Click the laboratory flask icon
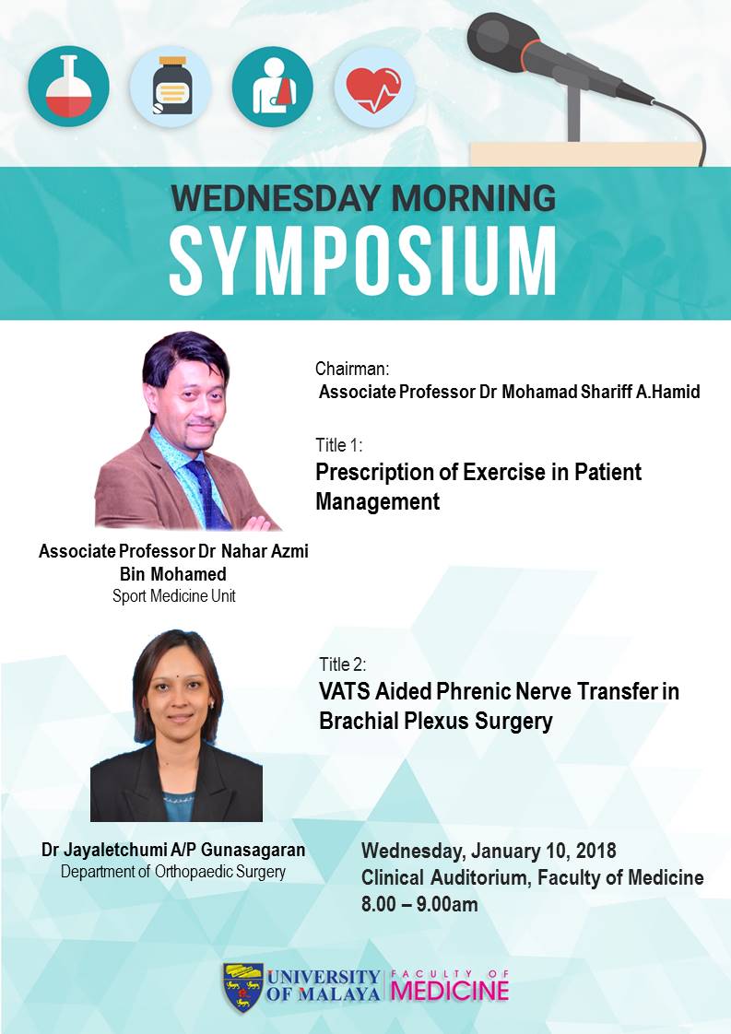(68, 87)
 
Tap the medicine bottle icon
(171, 87)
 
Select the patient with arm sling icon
(273, 87)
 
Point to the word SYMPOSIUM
(363, 263)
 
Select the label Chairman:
(351, 368)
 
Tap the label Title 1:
(338, 445)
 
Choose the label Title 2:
(342, 664)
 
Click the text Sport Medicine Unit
(173, 596)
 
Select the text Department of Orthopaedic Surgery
(173, 872)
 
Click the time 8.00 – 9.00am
(419, 903)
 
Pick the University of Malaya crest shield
(242, 987)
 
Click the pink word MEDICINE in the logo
(449, 991)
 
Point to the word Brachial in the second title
(359, 720)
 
